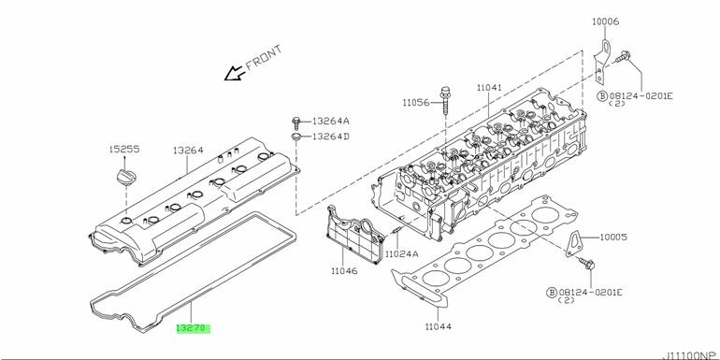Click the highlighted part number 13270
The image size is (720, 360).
(x=194, y=328)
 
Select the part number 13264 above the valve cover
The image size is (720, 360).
(x=188, y=151)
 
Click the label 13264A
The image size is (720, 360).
(x=331, y=122)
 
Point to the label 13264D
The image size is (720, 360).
(x=331, y=137)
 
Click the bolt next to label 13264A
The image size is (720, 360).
(x=296, y=122)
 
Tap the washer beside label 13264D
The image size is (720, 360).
(x=296, y=137)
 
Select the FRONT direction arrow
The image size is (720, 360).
(x=234, y=73)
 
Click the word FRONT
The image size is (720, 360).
(x=264, y=57)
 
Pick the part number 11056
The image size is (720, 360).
(x=416, y=103)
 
